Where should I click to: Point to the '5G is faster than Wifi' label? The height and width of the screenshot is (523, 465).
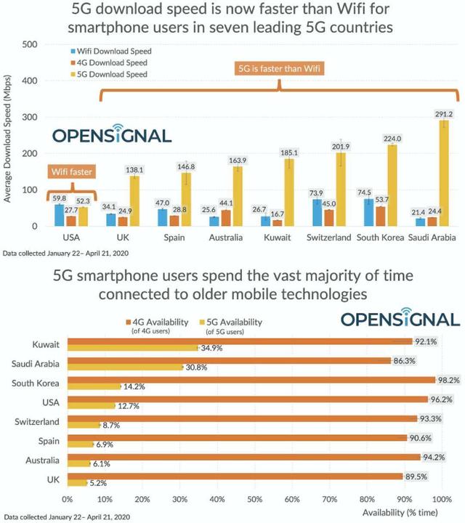280,70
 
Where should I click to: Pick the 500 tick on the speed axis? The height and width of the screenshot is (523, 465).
30,44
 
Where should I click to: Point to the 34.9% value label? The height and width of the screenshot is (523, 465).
211,349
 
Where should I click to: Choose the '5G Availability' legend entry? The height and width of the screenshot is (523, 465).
231,323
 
